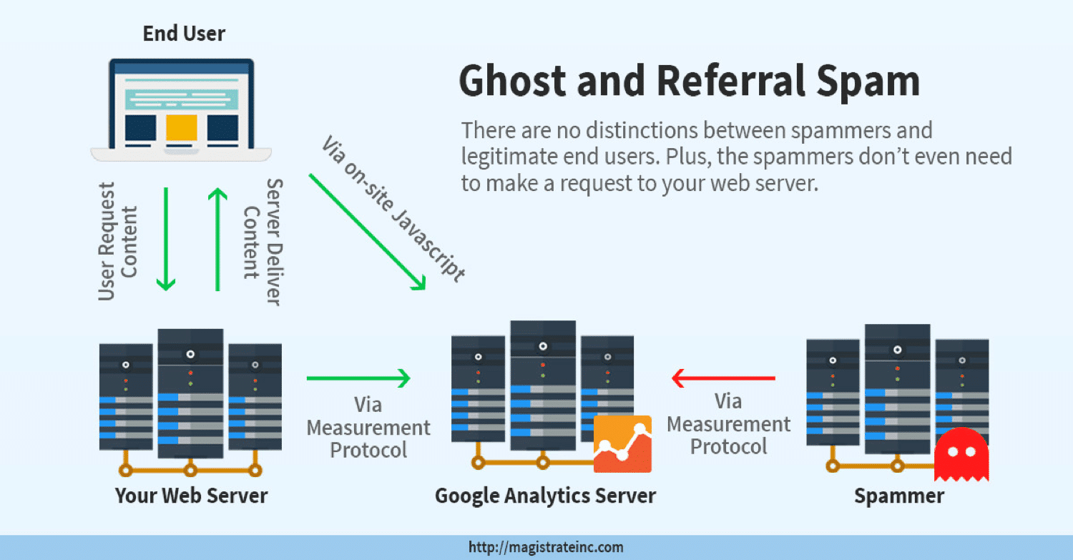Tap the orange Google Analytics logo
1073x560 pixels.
pos(622,443)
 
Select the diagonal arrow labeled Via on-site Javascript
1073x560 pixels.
pos(368,232)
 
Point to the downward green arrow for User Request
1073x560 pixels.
pos(166,239)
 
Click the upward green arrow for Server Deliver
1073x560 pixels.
pos(217,239)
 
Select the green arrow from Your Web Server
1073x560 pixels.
pos(358,378)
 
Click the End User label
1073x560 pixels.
pos(184,34)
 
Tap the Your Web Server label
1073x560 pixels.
pos(192,496)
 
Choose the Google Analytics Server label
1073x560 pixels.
pos(545,496)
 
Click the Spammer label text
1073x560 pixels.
pos(899,496)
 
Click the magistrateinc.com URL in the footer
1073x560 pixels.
pos(546,548)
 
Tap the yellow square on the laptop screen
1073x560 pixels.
pos(181,127)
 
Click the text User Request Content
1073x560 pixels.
pos(117,241)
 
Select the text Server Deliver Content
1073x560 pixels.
pos(262,242)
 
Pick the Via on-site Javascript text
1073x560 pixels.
pos(393,207)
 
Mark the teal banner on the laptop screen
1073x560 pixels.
pos(181,99)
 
